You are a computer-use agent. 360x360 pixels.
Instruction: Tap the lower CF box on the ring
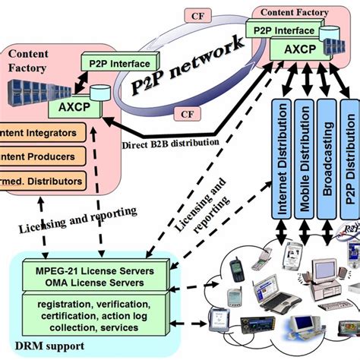pos(187,114)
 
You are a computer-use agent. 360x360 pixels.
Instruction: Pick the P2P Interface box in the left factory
pos(120,63)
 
